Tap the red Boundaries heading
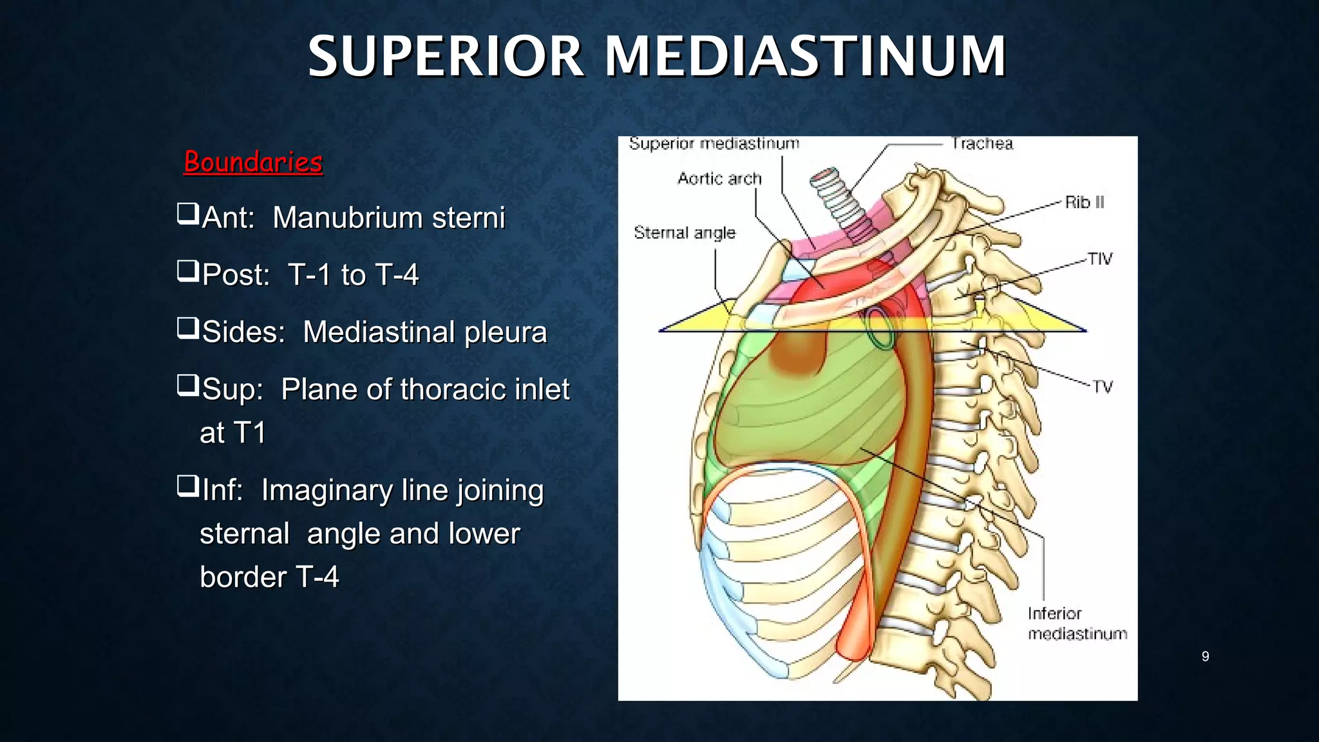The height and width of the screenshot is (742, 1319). point(253,162)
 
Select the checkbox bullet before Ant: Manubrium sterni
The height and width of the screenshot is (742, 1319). point(188,213)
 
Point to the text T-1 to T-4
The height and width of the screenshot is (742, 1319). point(353,275)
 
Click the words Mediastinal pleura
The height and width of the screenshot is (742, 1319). point(424,332)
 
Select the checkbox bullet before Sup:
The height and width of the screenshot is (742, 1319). point(188,385)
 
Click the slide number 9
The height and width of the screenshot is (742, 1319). point(1205,656)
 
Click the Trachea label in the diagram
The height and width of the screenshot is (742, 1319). point(982,144)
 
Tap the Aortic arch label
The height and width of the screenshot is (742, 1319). point(719,178)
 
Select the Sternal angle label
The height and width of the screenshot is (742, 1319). point(685,233)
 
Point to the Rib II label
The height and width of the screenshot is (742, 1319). point(1085,202)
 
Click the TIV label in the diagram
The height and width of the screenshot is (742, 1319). point(1100,259)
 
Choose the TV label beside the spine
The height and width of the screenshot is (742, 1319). point(1103,386)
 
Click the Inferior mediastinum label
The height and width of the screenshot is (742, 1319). point(1077,623)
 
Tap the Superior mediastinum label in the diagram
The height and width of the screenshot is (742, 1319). point(714,144)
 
